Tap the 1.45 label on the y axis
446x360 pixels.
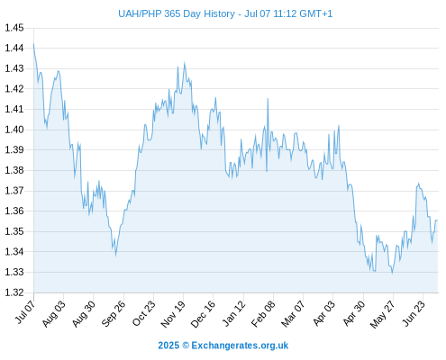click(14, 28)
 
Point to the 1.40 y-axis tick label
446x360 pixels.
click(14, 130)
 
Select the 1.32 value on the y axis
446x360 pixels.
click(14, 292)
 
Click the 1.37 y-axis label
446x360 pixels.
click(14, 191)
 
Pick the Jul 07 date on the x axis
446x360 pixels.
click(25, 312)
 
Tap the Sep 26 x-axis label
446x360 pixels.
click(114, 313)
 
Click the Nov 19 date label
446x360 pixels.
click(173, 314)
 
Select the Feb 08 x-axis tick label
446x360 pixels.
click(263, 314)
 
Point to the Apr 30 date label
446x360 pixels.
click(354, 313)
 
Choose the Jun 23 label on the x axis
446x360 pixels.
click(414, 313)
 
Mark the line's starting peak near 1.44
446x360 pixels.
click(33, 44)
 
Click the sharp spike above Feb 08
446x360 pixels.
click(268, 98)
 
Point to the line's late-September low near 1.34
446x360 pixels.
click(115, 256)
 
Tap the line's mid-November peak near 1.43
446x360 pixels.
click(185, 63)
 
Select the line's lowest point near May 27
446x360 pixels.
click(392, 273)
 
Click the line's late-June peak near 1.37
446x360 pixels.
click(418, 184)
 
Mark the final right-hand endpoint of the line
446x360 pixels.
click(438, 220)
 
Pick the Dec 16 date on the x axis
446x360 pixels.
click(203, 314)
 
